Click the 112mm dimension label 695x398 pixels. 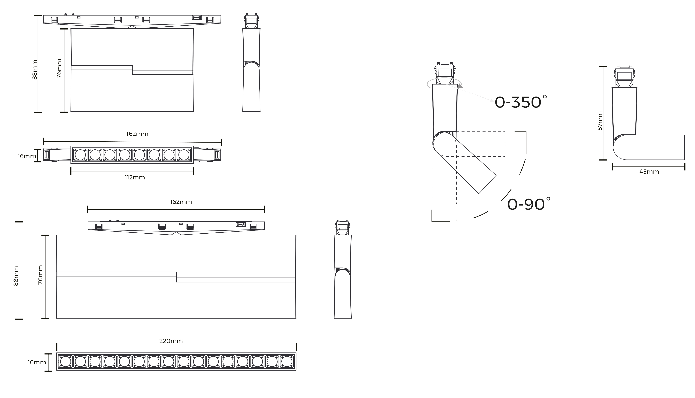click(x=135, y=177)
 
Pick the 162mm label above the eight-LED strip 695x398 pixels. click(x=137, y=134)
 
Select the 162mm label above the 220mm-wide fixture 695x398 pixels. click(x=181, y=202)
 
